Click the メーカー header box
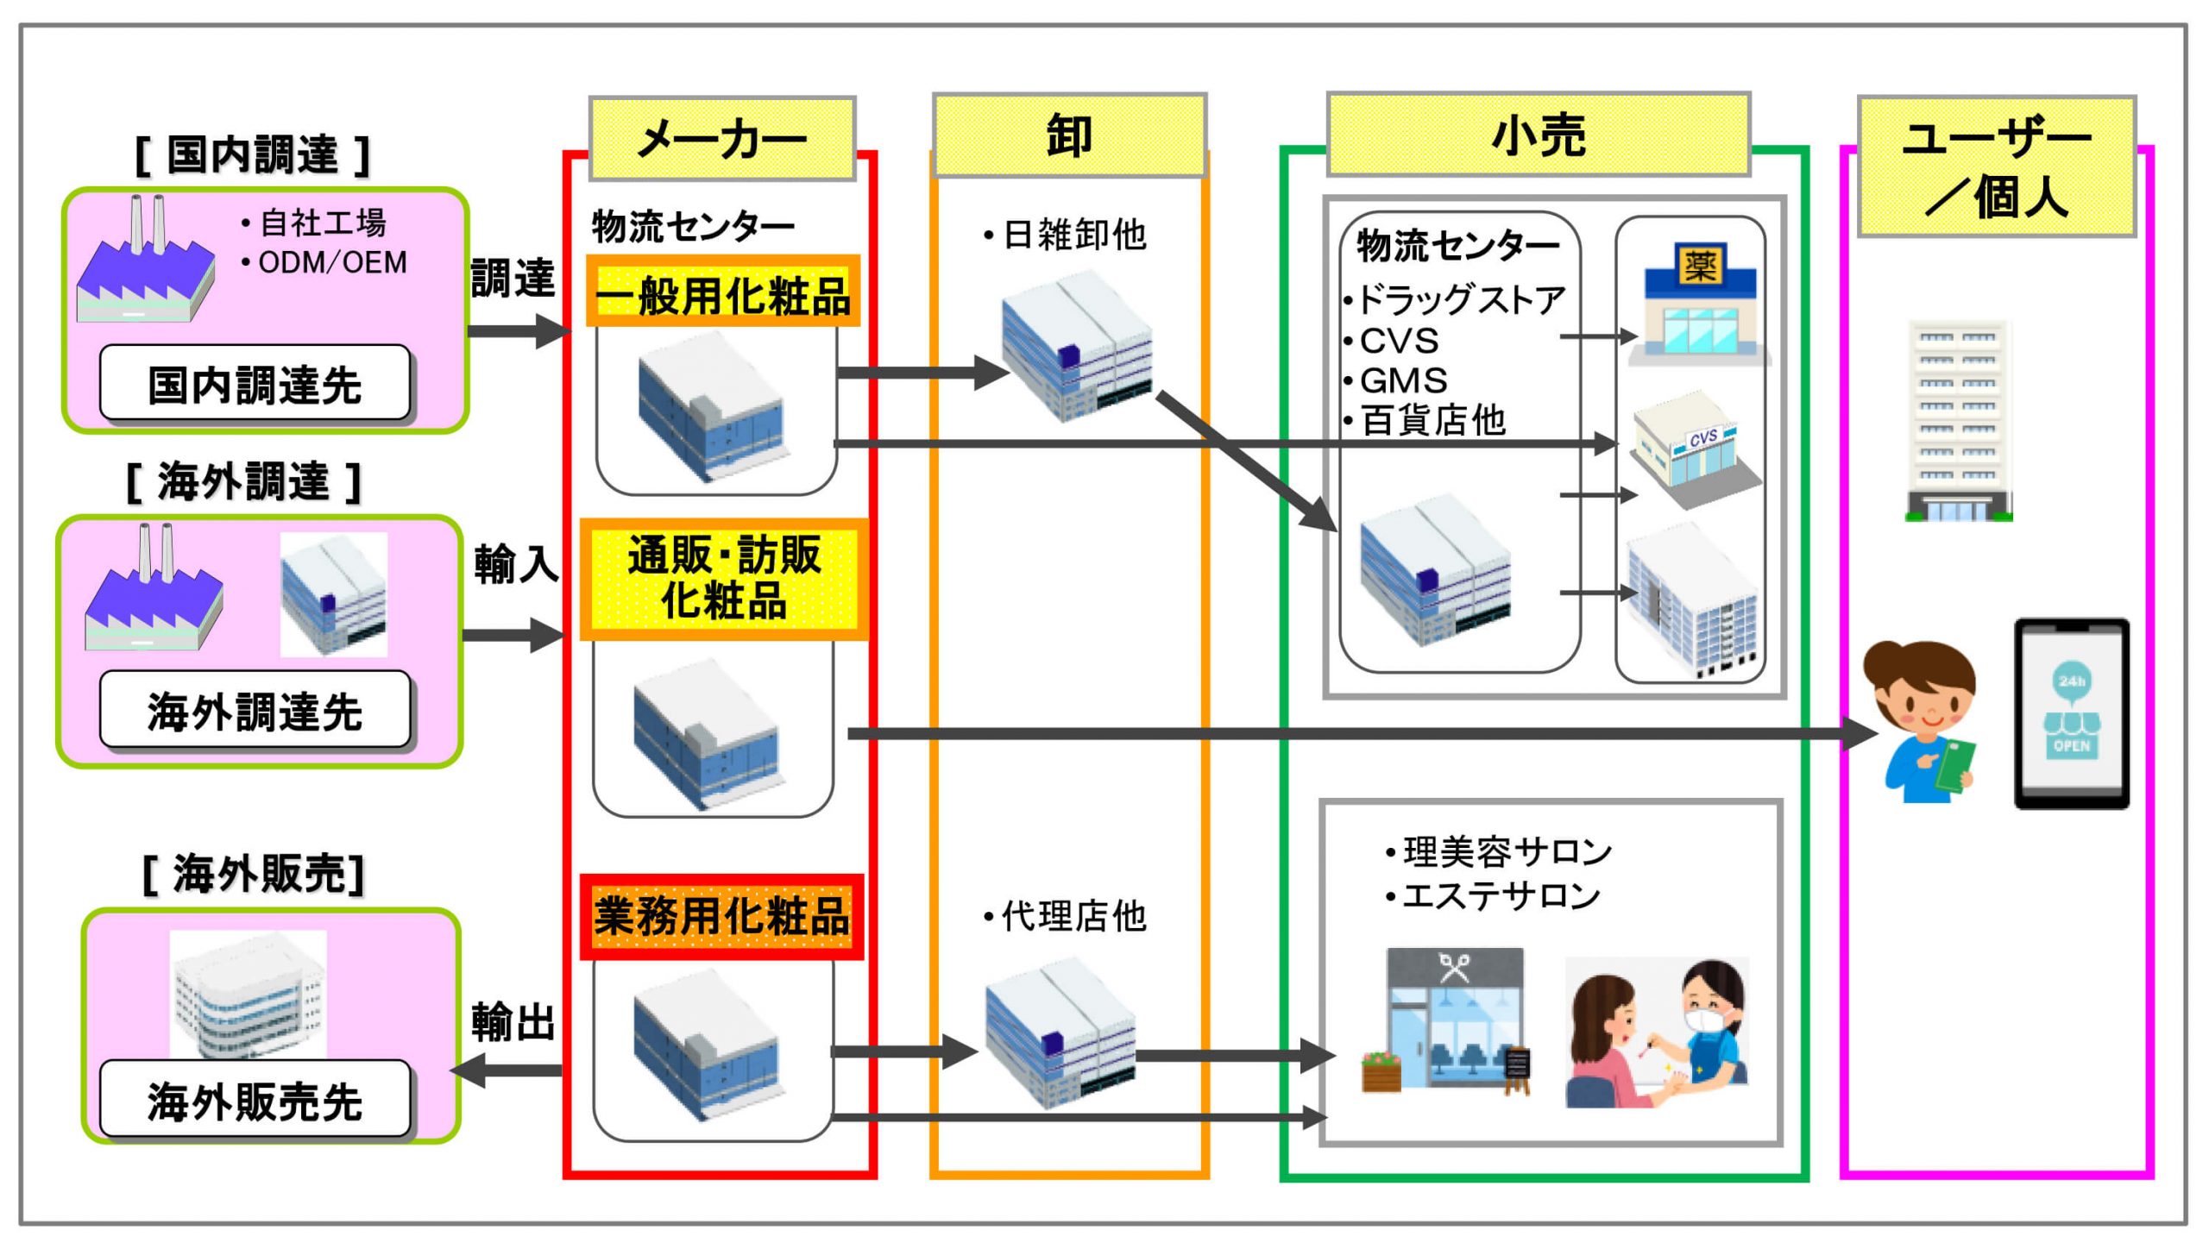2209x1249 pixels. (722, 138)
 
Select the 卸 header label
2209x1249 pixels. (1069, 135)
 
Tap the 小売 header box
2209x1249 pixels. (1539, 135)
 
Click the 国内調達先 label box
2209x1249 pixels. (255, 383)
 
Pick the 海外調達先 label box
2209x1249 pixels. (255, 710)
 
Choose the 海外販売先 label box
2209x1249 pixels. (255, 1099)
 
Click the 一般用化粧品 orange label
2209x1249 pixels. (723, 291)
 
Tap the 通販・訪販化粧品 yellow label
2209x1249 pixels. (723, 579)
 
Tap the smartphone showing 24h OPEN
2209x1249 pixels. (2071, 713)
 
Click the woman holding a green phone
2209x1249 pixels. (1924, 723)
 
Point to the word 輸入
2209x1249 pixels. (515, 564)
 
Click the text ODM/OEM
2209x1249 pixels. (332, 262)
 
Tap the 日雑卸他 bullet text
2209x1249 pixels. (1066, 235)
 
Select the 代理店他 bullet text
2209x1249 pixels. (1066, 916)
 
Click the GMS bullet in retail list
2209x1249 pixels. (1395, 380)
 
